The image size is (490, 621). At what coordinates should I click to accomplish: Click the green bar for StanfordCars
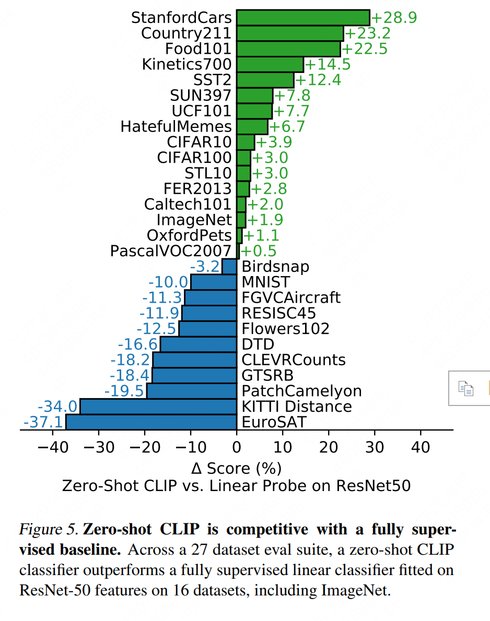point(303,17)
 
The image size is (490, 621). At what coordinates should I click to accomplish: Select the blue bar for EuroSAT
point(151,422)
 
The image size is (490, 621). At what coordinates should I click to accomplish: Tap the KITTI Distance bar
point(158,406)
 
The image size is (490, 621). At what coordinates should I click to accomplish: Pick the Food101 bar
point(288,49)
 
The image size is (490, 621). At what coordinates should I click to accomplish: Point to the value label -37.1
point(43,422)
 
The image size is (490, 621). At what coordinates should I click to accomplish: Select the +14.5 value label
point(328,65)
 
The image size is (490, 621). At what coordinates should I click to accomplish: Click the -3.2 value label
point(205,267)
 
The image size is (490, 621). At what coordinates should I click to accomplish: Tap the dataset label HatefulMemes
point(176,127)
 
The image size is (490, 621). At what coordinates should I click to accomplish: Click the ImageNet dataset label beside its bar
point(194,220)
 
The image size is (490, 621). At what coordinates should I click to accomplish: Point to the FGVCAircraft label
point(291,297)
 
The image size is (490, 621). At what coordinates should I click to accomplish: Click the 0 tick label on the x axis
point(237,447)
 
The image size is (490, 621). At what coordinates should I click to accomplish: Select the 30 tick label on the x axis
point(375,447)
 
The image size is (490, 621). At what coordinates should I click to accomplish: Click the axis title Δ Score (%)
point(237,467)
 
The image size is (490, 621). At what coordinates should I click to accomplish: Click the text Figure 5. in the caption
point(49,530)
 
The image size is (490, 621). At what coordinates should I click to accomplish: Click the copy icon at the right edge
point(465,388)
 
